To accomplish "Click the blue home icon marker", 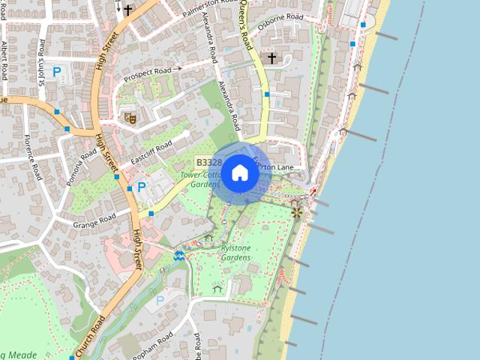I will pos(240,173).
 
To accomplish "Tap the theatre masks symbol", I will pos(129,116).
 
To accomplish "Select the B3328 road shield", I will pos(208,162).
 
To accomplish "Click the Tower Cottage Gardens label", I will pos(200,179).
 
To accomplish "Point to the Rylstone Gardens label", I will pos(235,253).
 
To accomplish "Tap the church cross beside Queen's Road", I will pos(271,57).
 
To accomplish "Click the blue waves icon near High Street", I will pos(178,256).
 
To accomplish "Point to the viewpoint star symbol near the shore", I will pos(297,213).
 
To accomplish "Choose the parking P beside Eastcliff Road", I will pos(140,187).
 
